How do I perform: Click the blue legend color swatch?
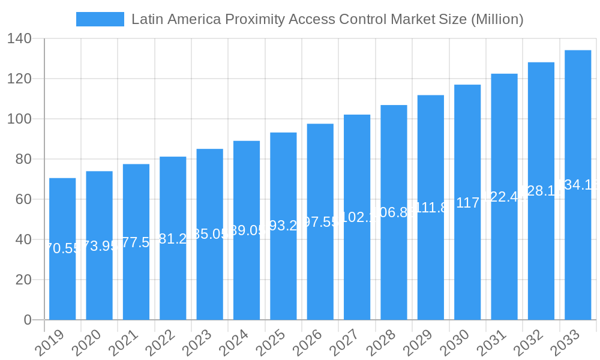(100, 19)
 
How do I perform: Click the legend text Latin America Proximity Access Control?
(327, 19)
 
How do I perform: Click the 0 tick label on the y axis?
(28, 320)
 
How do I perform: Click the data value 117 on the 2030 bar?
(467, 203)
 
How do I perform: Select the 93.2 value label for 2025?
(283, 226)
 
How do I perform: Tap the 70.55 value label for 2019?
(62, 248)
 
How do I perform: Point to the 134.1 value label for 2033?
(578, 185)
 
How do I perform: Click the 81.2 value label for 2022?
(173, 239)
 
